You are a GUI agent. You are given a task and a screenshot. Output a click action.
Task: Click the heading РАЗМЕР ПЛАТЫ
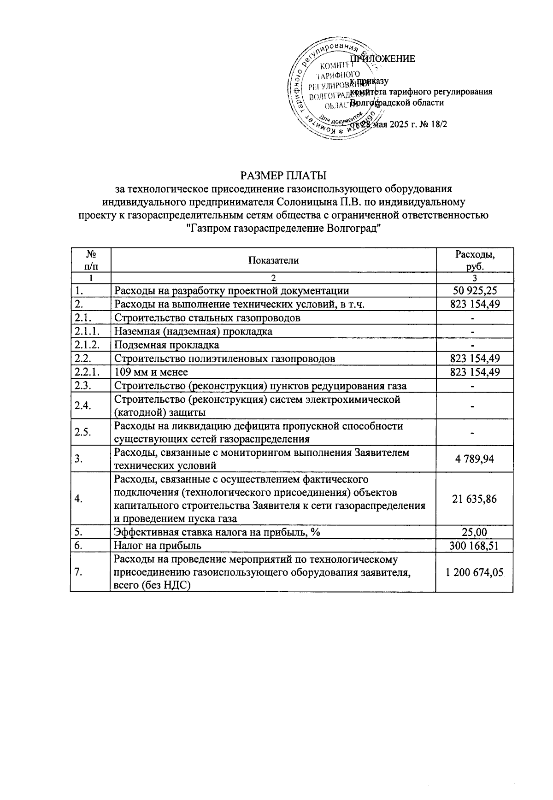pos(283,176)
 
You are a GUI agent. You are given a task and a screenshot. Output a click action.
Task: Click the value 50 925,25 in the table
pos(475,290)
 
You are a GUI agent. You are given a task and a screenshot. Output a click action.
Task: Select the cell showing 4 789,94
pos(475,459)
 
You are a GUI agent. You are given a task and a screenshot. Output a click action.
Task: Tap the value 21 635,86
pos(475,499)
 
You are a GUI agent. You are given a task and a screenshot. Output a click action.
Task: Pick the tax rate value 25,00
pos(475,532)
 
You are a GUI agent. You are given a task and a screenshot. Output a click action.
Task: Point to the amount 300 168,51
pos(475,546)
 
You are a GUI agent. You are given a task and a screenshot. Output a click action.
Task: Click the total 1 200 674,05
pos(475,572)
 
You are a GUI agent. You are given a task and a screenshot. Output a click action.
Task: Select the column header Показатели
pos(273,260)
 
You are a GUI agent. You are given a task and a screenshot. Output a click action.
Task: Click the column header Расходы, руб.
pos(475,260)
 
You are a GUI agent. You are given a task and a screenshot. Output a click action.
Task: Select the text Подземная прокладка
pos(167,345)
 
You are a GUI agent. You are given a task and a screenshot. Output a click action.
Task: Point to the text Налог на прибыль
pos(158,546)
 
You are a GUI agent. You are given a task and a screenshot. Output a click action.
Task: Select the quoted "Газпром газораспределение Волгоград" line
pos(283,228)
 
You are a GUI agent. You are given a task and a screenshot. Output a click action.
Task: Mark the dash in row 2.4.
pos(475,406)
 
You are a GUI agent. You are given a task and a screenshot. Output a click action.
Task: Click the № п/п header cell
pos(90,260)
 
